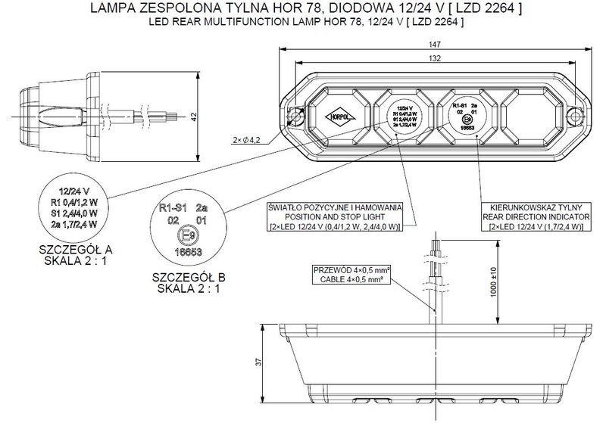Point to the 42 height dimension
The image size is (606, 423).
[x=195, y=117]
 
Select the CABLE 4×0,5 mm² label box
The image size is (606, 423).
[x=357, y=275]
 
